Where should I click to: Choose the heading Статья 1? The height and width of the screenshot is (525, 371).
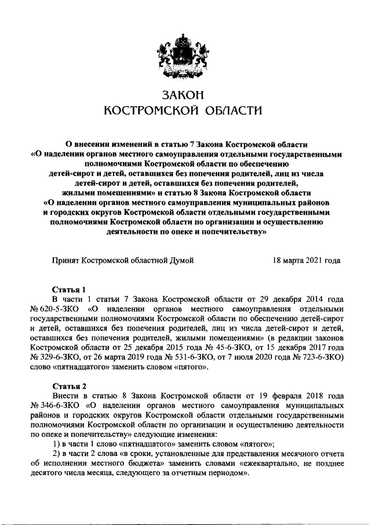pyautogui.click(x=69, y=289)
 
